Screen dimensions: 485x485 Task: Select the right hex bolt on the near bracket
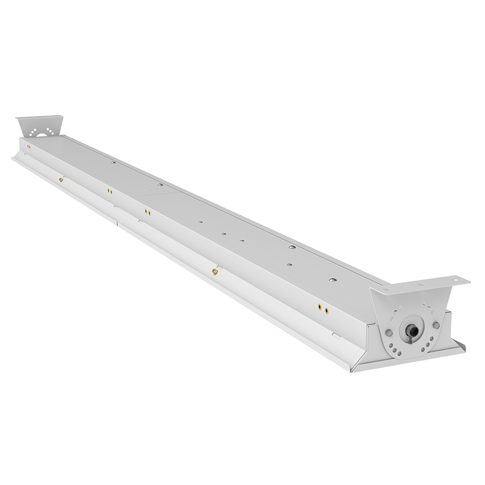(436, 326)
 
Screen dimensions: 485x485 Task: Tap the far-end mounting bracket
(39, 127)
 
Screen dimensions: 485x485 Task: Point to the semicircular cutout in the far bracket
(42, 135)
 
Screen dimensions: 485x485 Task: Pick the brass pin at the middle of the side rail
(215, 271)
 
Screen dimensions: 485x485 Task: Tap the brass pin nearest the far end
(61, 179)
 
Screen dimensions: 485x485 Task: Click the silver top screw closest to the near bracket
(332, 280)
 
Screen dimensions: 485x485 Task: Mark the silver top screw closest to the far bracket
(113, 162)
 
